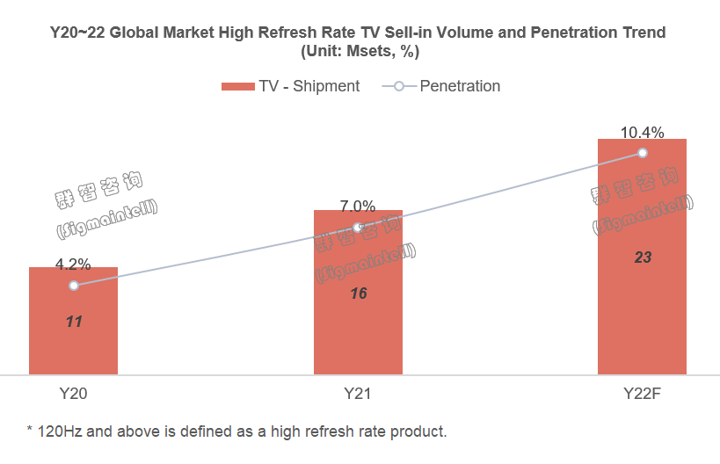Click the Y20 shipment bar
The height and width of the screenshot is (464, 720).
point(73,343)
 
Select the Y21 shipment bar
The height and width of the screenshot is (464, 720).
point(358,334)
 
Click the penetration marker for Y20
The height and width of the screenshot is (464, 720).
point(74,286)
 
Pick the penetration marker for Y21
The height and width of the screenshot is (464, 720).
point(358,228)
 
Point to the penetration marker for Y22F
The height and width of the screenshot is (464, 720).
point(643,153)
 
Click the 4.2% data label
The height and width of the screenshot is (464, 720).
point(73,264)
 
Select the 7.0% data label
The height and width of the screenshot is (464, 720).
point(358,207)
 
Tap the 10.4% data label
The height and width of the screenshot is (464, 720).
point(642,132)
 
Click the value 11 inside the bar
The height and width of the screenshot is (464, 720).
point(74,322)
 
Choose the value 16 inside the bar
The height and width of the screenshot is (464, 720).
point(358,294)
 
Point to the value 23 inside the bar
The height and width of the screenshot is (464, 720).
point(643,257)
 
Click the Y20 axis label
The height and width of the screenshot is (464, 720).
point(73,395)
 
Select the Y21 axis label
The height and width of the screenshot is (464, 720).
point(358,395)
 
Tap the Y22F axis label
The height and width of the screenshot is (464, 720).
point(642,395)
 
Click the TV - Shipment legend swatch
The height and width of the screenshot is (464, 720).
point(237,86)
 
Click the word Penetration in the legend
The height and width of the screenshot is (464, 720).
point(460,86)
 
